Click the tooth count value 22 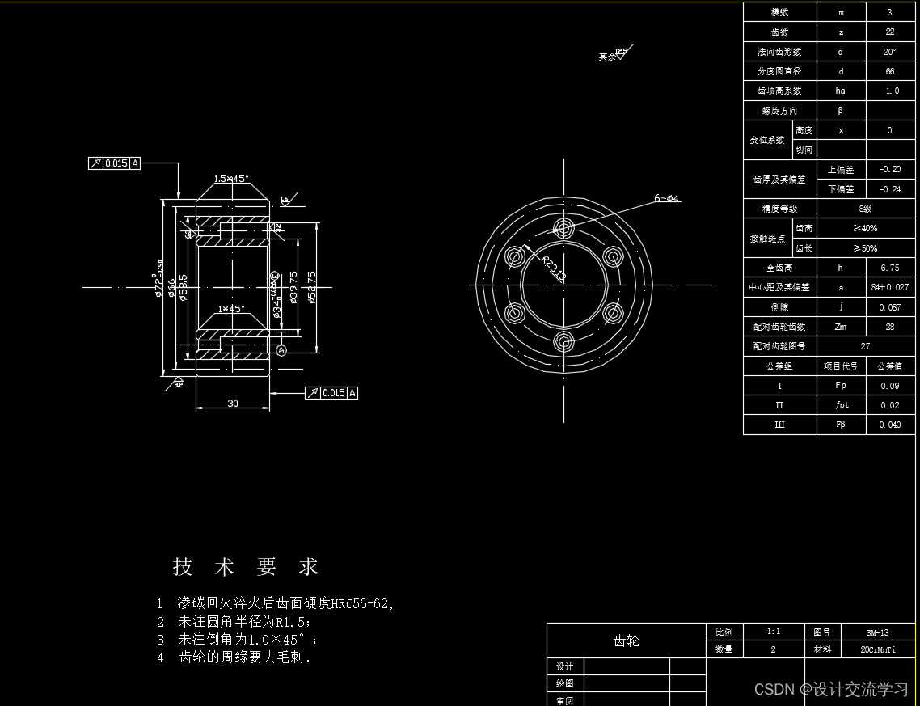point(889,32)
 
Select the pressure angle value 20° point(889,52)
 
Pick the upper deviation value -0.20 point(889,170)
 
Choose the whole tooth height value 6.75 point(889,268)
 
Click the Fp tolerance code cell point(841,386)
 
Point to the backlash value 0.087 point(889,307)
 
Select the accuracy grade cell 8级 point(865,209)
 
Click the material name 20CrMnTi point(877,649)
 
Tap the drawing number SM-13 point(877,632)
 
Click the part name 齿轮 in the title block point(627,640)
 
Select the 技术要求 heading point(246,567)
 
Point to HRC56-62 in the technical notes point(362,603)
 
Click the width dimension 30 point(233,403)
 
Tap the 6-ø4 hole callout point(667,197)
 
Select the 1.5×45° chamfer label point(231,179)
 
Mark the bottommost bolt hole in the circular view point(564,340)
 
